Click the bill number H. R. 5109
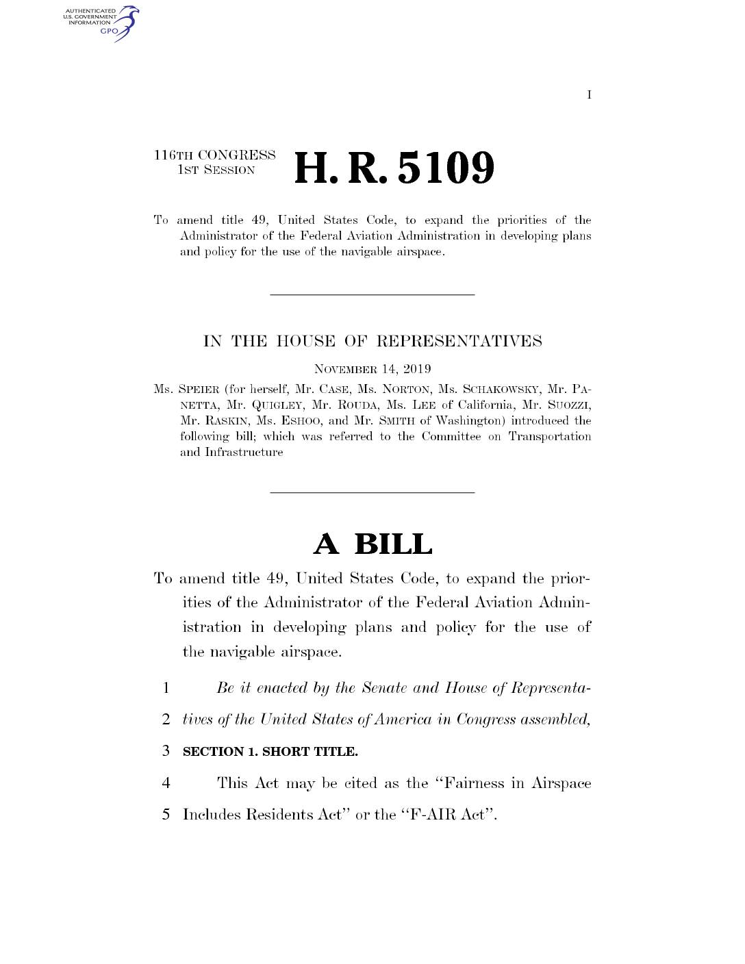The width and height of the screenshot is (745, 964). click(393, 168)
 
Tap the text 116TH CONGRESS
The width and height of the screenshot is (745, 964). click(214, 155)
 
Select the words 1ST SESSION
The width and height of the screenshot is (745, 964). click(216, 170)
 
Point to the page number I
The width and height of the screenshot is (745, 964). click(589, 94)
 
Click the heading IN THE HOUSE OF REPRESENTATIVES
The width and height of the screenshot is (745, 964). click(372, 341)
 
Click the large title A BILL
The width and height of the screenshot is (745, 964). click(372, 544)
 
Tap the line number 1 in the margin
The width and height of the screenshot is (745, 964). click(166, 688)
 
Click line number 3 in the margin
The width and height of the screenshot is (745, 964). click(166, 751)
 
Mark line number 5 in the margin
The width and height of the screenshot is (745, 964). click(166, 815)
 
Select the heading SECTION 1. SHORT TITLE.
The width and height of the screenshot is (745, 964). click(270, 752)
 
